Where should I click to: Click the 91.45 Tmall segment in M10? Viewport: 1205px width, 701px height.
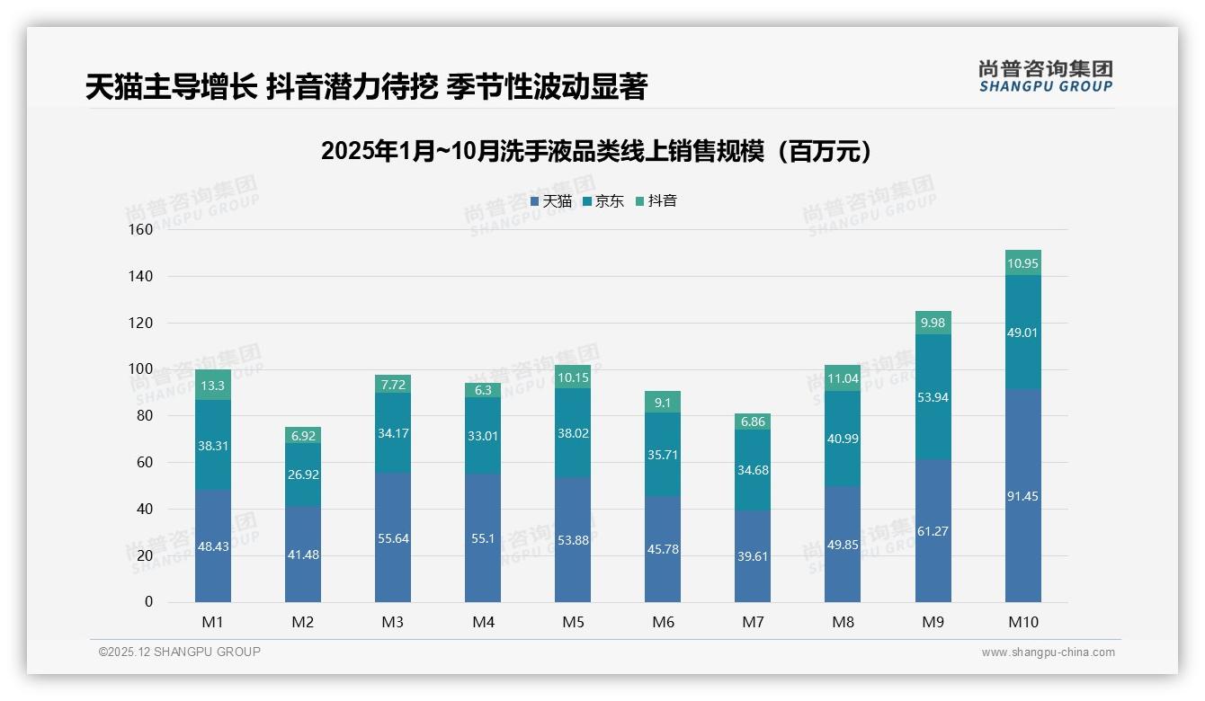coord(1022,496)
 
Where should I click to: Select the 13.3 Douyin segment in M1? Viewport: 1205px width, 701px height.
coord(213,385)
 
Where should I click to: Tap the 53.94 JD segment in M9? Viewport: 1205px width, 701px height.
coord(933,397)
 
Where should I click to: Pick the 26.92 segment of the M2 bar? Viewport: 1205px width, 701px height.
coord(303,475)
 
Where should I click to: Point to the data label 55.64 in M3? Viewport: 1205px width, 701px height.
coord(393,538)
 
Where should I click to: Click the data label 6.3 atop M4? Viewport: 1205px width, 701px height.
coord(483,390)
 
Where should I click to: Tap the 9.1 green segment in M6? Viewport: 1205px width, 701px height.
coord(663,403)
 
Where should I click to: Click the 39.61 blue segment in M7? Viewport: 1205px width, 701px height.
coord(753,556)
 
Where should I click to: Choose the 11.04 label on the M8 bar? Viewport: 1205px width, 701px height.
coord(843,378)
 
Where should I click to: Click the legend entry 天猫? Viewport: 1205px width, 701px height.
coord(550,201)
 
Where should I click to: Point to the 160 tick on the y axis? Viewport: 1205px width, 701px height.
coord(141,229)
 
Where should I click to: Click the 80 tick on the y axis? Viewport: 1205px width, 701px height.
coord(145,415)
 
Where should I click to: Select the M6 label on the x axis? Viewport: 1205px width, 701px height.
coord(663,622)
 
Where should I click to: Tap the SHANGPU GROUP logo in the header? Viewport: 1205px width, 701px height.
coord(1045,76)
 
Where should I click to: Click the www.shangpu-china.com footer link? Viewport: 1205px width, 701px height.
coord(1048,652)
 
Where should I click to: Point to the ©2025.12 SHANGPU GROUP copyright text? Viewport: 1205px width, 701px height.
coord(180,652)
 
